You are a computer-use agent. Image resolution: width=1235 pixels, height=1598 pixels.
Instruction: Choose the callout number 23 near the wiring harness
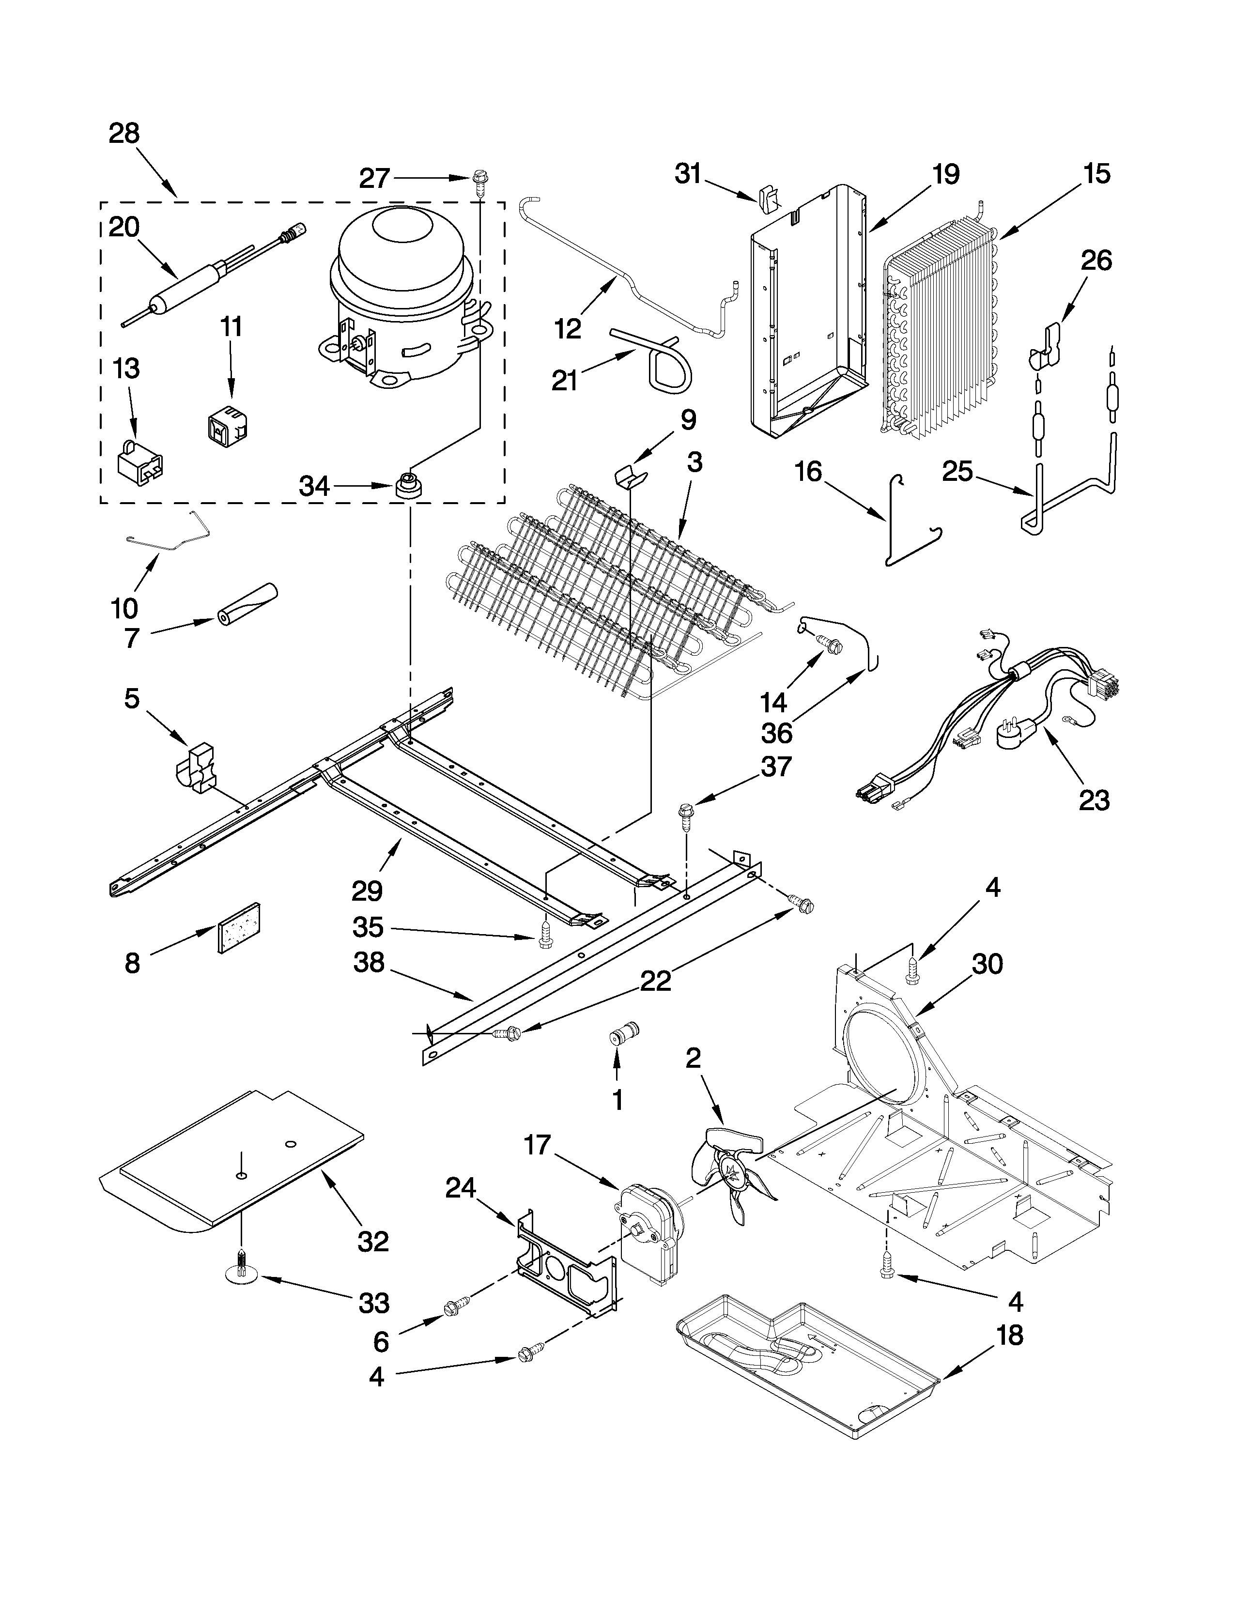tap(1094, 800)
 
